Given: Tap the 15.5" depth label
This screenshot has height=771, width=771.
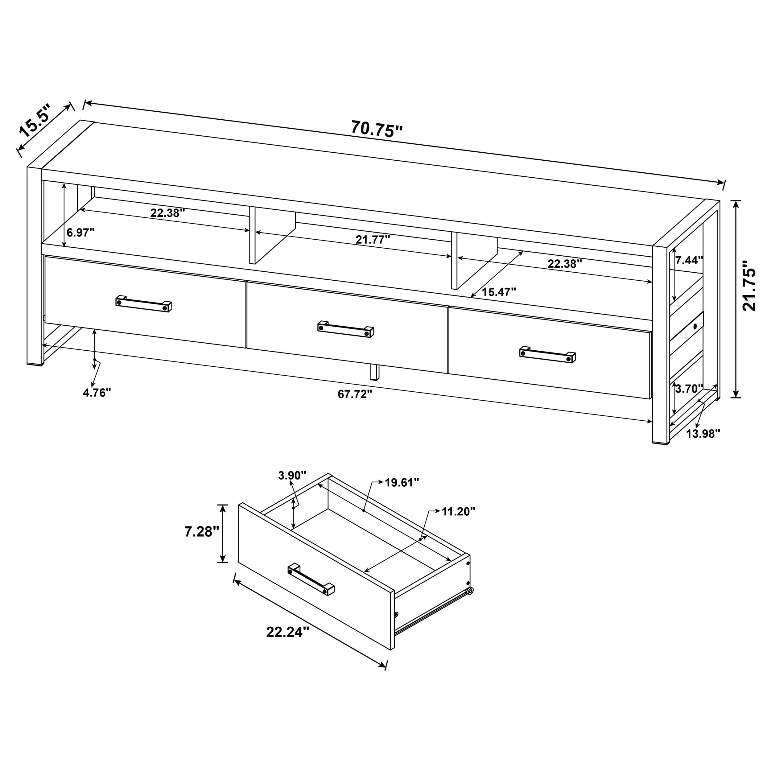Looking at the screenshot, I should (35, 121).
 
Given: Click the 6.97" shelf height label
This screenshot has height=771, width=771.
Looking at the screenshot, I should (80, 232).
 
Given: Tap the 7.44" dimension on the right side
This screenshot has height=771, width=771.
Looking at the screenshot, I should (689, 260).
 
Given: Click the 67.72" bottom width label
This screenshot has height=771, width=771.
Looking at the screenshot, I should (355, 394).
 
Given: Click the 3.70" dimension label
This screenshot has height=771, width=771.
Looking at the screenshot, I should (689, 389).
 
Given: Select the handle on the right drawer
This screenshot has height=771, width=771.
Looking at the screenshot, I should (547, 354).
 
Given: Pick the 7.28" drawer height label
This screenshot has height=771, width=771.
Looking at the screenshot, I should (201, 532).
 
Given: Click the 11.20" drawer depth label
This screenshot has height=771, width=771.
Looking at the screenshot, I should (458, 511).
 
